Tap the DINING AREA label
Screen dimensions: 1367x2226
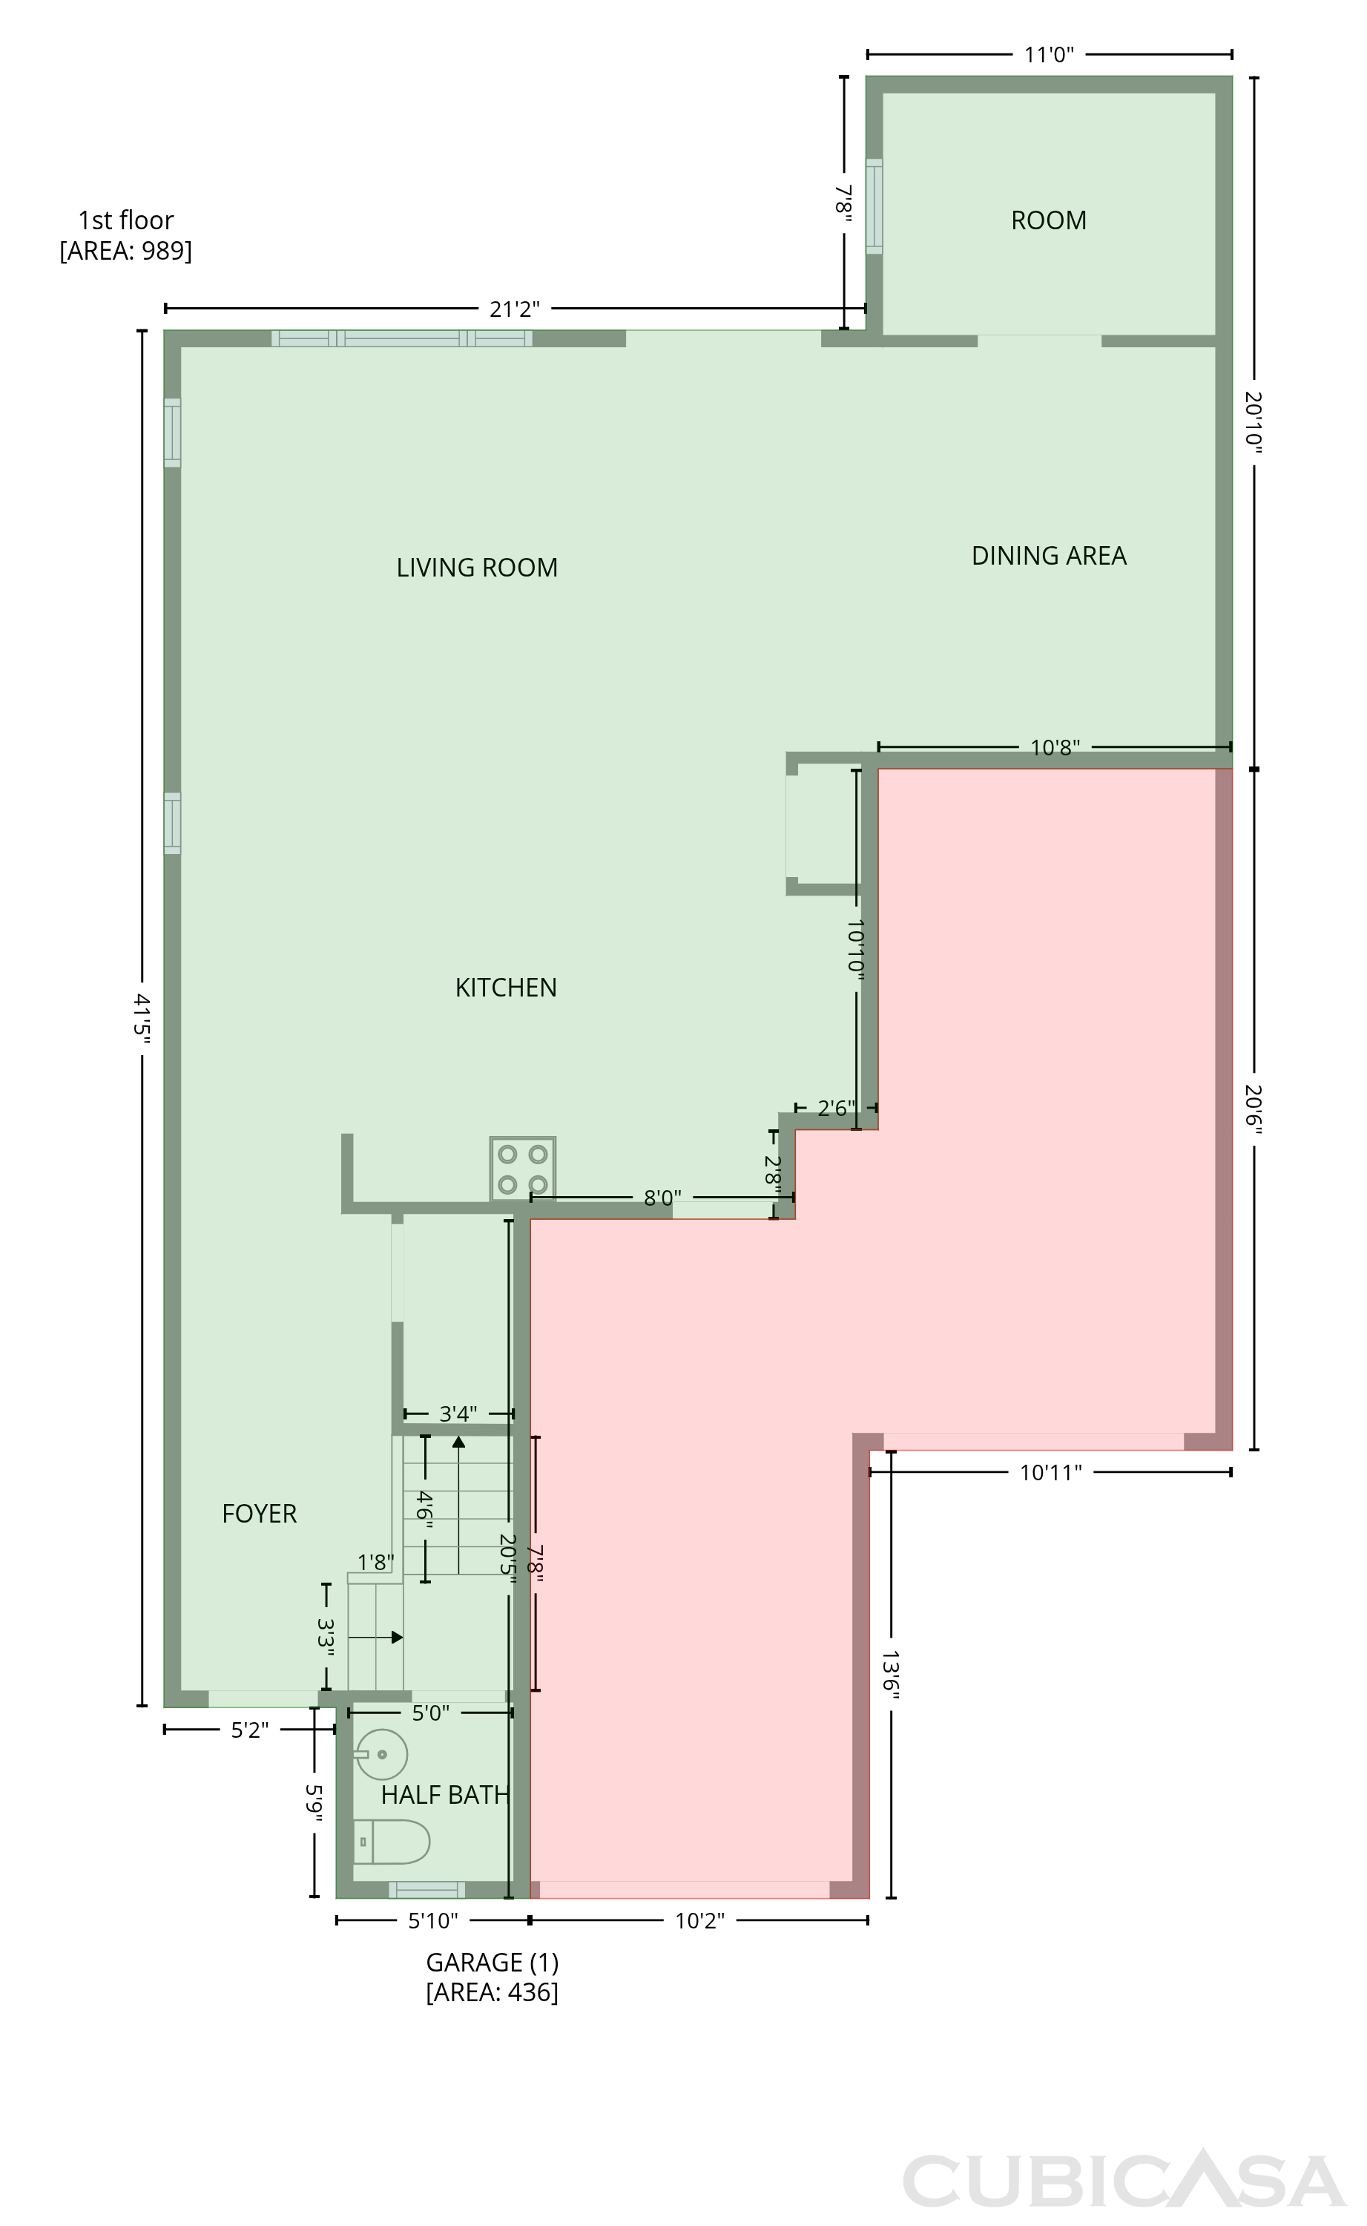(1049, 556)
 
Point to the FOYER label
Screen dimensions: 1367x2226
(260, 1514)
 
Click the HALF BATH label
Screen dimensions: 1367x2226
(445, 1795)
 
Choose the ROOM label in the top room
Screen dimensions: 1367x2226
(1049, 220)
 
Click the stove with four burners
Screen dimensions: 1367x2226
(523, 1169)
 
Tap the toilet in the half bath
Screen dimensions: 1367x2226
(392, 1842)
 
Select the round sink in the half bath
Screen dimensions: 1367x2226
(381, 1754)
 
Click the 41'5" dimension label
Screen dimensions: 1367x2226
(142, 1018)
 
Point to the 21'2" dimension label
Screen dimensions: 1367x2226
(515, 309)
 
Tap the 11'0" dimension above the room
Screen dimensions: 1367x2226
(1049, 55)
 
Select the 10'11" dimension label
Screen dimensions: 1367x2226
(1050, 1473)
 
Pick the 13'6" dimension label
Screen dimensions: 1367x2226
(891, 1676)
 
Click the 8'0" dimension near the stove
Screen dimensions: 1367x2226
(662, 1198)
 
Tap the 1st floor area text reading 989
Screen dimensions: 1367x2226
(125, 251)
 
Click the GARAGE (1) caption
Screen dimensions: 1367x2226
(493, 1962)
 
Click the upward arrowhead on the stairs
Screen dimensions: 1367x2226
(458, 1441)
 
